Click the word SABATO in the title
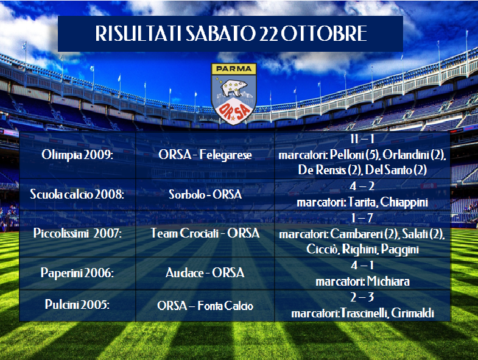[220, 34]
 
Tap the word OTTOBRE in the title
[324, 34]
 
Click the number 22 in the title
[269, 34]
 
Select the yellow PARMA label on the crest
[234, 69]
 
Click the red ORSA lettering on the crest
[234, 111]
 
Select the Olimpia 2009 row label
[77, 155]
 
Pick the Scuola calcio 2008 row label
[77, 194]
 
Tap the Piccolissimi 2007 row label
[77, 233]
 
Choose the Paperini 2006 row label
[77, 273]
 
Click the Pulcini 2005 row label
[77, 305]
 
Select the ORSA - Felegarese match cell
[205, 155]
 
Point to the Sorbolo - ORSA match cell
[205, 194]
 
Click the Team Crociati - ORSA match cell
[205, 233]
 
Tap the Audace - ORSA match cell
[205, 273]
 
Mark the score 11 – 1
[362, 139]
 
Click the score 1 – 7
[362, 218]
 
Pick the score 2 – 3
[362, 297]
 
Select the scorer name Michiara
[388, 281]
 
